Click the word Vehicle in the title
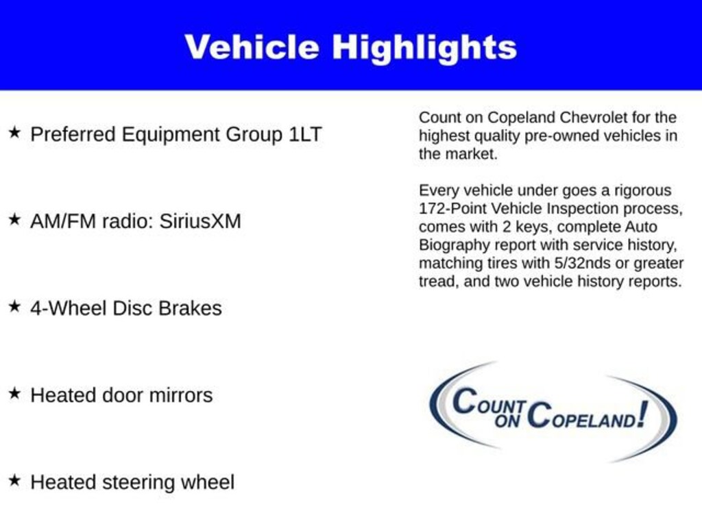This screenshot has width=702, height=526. pyautogui.click(x=252, y=47)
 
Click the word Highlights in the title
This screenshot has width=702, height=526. pyautogui.click(x=424, y=47)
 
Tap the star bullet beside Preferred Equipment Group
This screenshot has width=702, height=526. pyautogui.click(x=14, y=132)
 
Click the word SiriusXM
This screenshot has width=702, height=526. pyautogui.click(x=200, y=221)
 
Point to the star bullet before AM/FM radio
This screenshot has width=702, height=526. pyautogui.click(x=14, y=219)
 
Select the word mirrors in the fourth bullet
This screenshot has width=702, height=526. pyautogui.click(x=184, y=395)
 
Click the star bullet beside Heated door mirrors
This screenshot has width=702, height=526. pyautogui.click(x=14, y=393)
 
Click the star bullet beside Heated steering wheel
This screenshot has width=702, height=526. pyautogui.click(x=14, y=480)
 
